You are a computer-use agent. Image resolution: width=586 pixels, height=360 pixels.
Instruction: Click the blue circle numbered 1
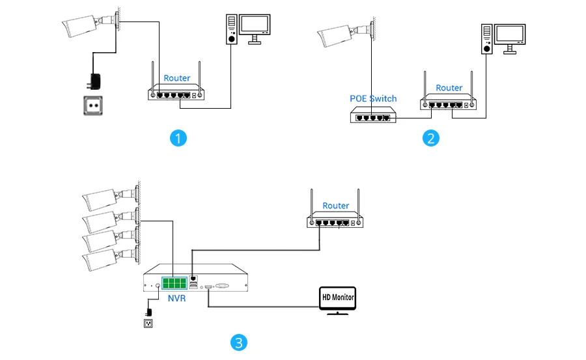[x=178, y=138]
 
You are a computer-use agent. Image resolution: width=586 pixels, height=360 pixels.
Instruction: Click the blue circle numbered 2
[x=430, y=138]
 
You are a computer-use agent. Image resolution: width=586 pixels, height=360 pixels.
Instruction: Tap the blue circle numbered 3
[x=240, y=342]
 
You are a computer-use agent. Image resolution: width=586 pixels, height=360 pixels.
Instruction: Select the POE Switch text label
[x=373, y=98]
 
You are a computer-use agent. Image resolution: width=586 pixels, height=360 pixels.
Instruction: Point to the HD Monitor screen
[x=339, y=298]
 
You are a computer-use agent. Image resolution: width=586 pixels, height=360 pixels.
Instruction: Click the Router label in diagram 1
[x=177, y=78]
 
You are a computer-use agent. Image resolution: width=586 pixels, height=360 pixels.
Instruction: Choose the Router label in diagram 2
[x=449, y=88]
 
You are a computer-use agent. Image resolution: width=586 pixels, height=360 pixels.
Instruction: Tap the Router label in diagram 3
[x=336, y=206]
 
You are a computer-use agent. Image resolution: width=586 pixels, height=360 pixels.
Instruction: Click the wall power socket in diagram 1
[x=93, y=105]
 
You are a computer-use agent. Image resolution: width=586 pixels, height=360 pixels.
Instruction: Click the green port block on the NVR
[x=174, y=283]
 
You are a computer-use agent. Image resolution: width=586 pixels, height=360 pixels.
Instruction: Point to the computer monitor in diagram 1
[x=254, y=25]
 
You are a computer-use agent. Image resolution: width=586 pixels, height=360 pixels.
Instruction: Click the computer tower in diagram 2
[x=486, y=41]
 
